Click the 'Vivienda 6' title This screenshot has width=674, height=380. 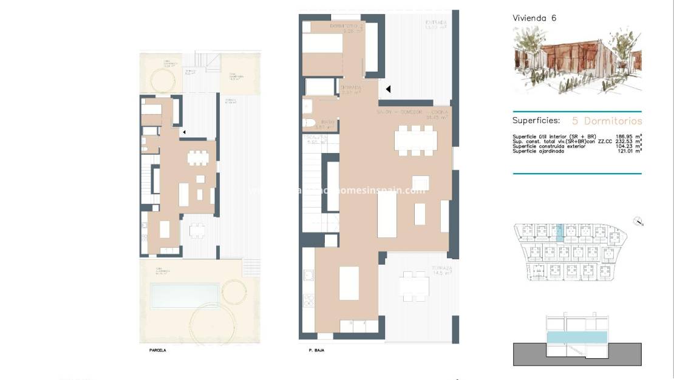click(x=534, y=18)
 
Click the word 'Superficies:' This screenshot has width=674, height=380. click(x=536, y=121)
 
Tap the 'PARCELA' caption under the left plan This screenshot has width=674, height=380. click(x=157, y=350)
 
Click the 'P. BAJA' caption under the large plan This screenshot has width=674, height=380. click(x=316, y=350)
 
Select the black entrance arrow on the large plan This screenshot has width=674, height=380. click(x=388, y=89)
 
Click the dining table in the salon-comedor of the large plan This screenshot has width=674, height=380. click(x=416, y=140)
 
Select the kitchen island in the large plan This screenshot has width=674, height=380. click(x=349, y=283)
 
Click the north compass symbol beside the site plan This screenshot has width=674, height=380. click(x=637, y=221)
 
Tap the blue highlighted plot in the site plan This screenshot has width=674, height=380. click(x=560, y=230)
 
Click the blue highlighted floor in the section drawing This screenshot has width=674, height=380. click(x=577, y=338)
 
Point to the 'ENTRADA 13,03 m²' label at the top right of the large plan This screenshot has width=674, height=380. click(x=436, y=25)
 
